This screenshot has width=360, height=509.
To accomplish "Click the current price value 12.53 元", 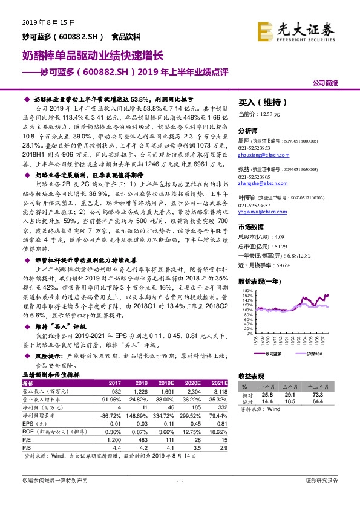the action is click(x=273, y=113).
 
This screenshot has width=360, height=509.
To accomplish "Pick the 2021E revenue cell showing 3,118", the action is click(x=220, y=391).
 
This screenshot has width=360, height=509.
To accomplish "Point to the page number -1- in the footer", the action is click(x=179, y=480).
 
